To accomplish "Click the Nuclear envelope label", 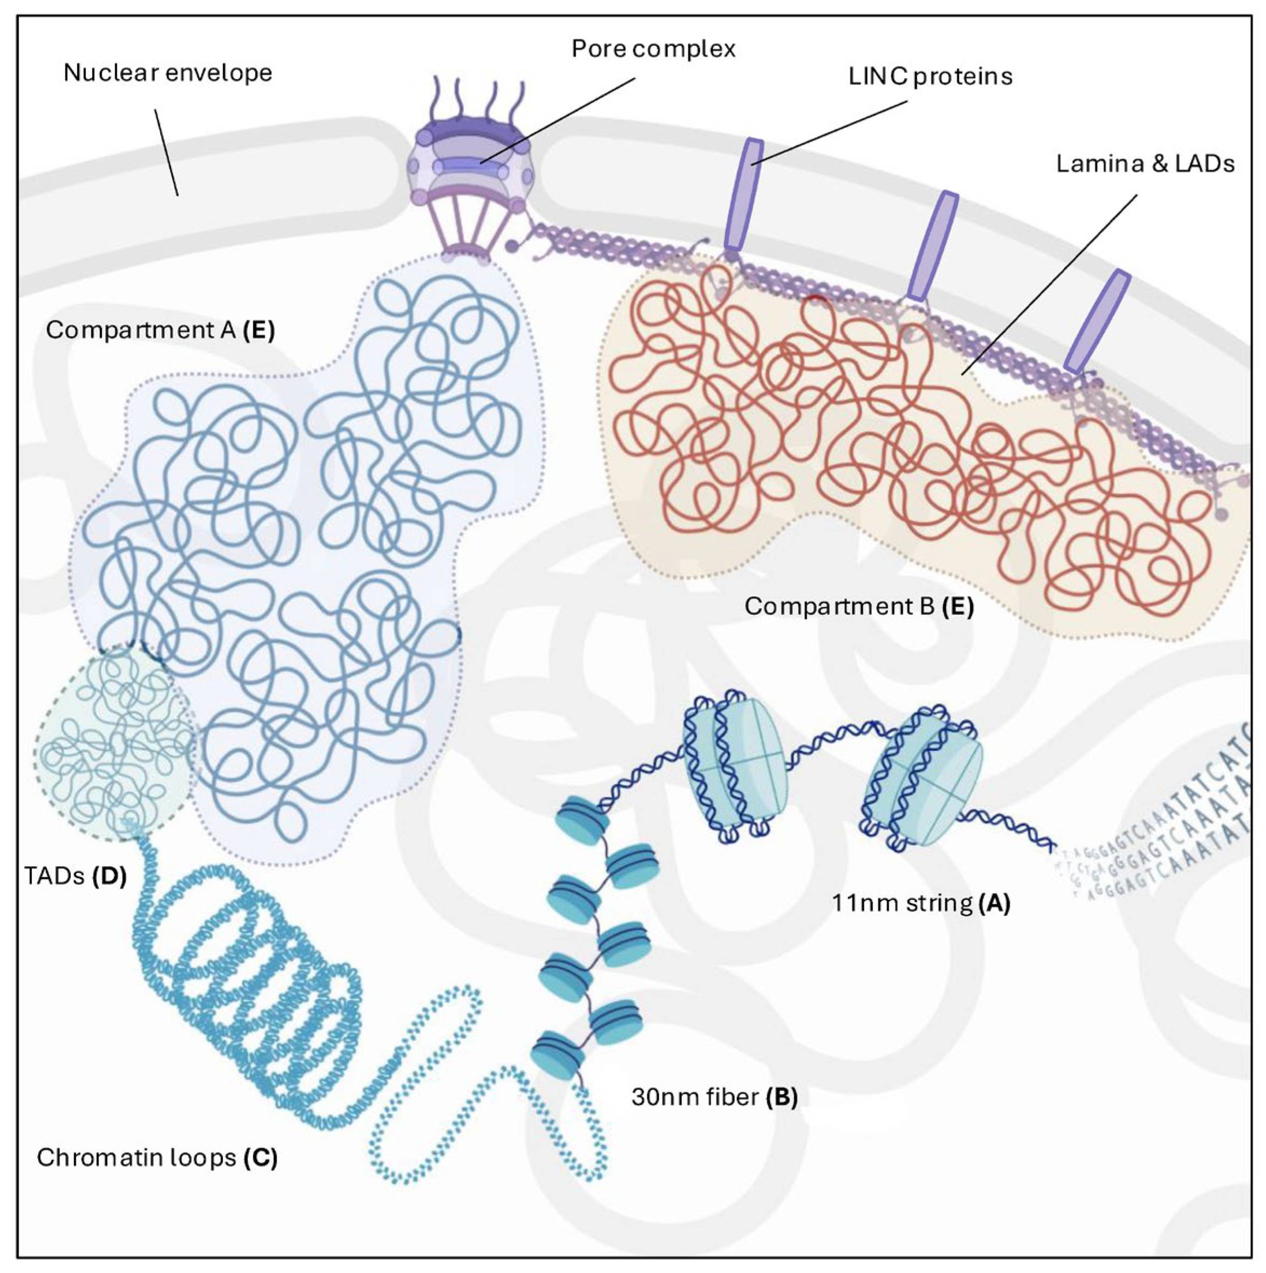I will point(167,72).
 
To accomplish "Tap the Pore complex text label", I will point(653,49).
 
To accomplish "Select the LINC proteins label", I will point(930,77).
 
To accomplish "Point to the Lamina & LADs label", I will point(1145,164).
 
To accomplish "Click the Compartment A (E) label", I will point(160,329).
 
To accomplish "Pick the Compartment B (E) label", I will point(858,605).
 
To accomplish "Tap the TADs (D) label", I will point(75,875).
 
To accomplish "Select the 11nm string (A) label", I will point(920,902).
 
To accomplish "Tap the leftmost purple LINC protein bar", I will point(743,194).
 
